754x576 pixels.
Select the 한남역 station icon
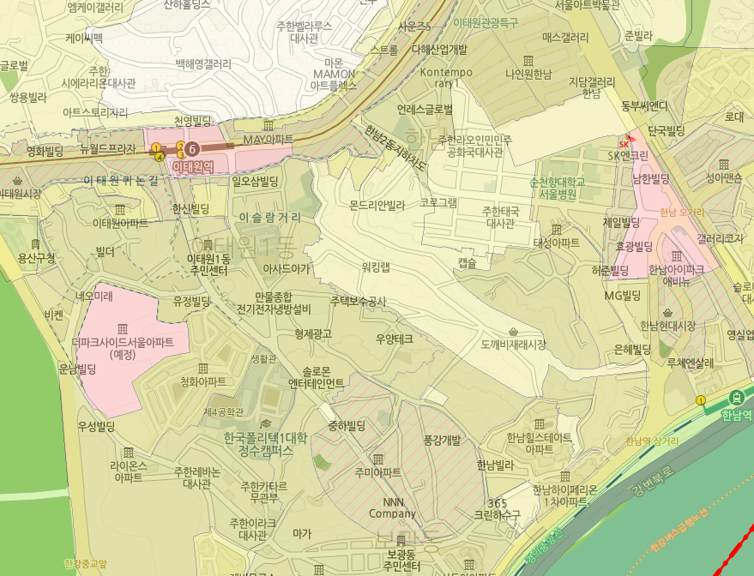(x=736, y=399)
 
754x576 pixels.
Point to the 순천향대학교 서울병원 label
(x=557, y=188)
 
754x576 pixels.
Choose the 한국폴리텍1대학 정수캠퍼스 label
(x=265, y=442)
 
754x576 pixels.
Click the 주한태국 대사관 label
(x=498, y=216)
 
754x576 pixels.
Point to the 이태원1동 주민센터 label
(x=208, y=264)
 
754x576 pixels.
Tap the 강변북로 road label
(x=648, y=483)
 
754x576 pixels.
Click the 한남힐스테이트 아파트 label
(x=539, y=442)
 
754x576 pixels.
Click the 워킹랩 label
(x=376, y=267)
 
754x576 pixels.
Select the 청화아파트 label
(x=204, y=381)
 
